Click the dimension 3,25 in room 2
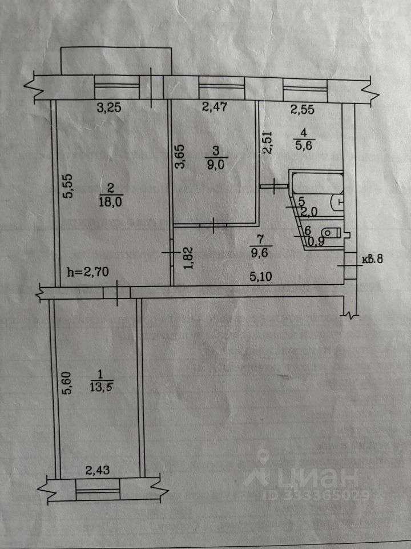(108, 108)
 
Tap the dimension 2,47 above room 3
(214, 107)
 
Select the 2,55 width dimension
(303, 110)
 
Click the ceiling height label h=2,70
(87, 272)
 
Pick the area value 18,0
(110, 202)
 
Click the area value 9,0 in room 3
(216, 165)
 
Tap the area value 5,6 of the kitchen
(303, 145)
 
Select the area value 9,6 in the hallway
(259, 253)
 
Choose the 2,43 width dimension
(98, 470)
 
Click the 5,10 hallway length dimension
(261, 277)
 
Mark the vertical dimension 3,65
(180, 157)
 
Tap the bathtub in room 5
(317, 183)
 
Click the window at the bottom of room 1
(98, 490)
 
